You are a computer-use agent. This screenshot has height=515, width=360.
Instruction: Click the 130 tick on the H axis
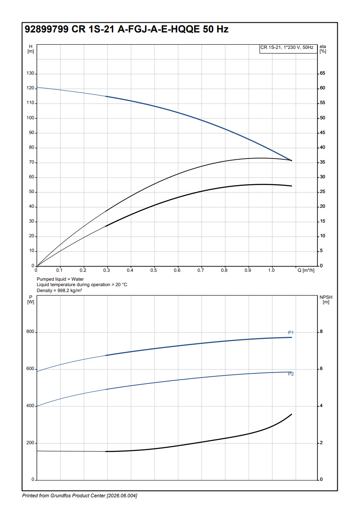point(30,73)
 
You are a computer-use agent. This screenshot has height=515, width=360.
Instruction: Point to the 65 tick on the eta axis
point(323,73)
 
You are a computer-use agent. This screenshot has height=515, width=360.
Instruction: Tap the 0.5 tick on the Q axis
point(154,270)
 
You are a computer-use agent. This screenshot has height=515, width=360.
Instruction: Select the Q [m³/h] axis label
point(306,270)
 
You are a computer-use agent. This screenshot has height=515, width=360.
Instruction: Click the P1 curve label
point(291,333)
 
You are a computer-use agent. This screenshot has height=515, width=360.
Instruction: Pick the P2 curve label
point(291,374)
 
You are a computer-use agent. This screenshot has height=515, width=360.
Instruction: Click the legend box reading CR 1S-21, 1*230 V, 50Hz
point(287,48)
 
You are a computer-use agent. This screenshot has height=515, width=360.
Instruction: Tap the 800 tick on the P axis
point(30,332)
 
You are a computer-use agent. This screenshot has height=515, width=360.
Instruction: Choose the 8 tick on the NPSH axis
point(321,332)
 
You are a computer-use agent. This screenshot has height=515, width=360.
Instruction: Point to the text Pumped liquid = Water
point(60,279)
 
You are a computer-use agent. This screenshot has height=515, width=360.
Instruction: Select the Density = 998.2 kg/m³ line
point(59,291)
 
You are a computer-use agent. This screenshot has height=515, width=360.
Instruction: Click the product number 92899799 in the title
point(46,30)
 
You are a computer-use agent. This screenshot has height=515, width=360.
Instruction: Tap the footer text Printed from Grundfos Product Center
point(80,496)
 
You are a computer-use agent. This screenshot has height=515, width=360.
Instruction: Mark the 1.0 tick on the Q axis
point(272,270)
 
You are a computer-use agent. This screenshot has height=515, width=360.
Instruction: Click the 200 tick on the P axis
point(30,443)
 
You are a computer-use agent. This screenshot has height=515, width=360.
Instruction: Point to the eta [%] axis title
point(323,48)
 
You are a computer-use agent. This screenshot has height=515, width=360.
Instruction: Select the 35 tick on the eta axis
point(323,162)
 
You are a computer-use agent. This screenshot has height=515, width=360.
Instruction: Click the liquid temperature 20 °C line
point(82,285)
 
